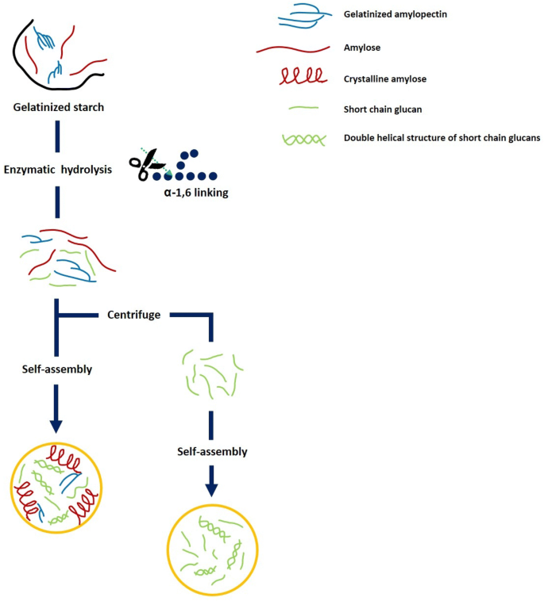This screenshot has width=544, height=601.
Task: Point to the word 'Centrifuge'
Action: (x=134, y=315)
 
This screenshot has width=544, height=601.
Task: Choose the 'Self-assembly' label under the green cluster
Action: (x=212, y=451)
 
